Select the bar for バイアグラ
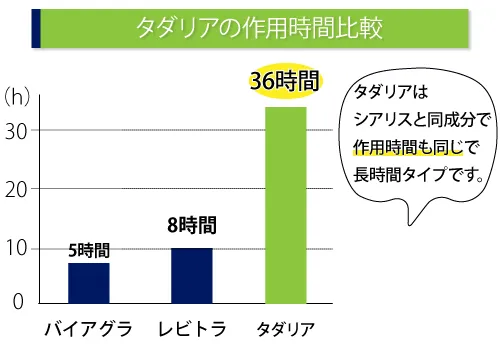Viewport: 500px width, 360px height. [x=89, y=282]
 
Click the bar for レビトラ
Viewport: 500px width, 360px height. [x=191, y=275]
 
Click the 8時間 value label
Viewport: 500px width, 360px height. [x=191, y=226]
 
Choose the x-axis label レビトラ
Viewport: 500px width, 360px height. [x=192, y=328]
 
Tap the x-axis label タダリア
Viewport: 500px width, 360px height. [x=286, y=329]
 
